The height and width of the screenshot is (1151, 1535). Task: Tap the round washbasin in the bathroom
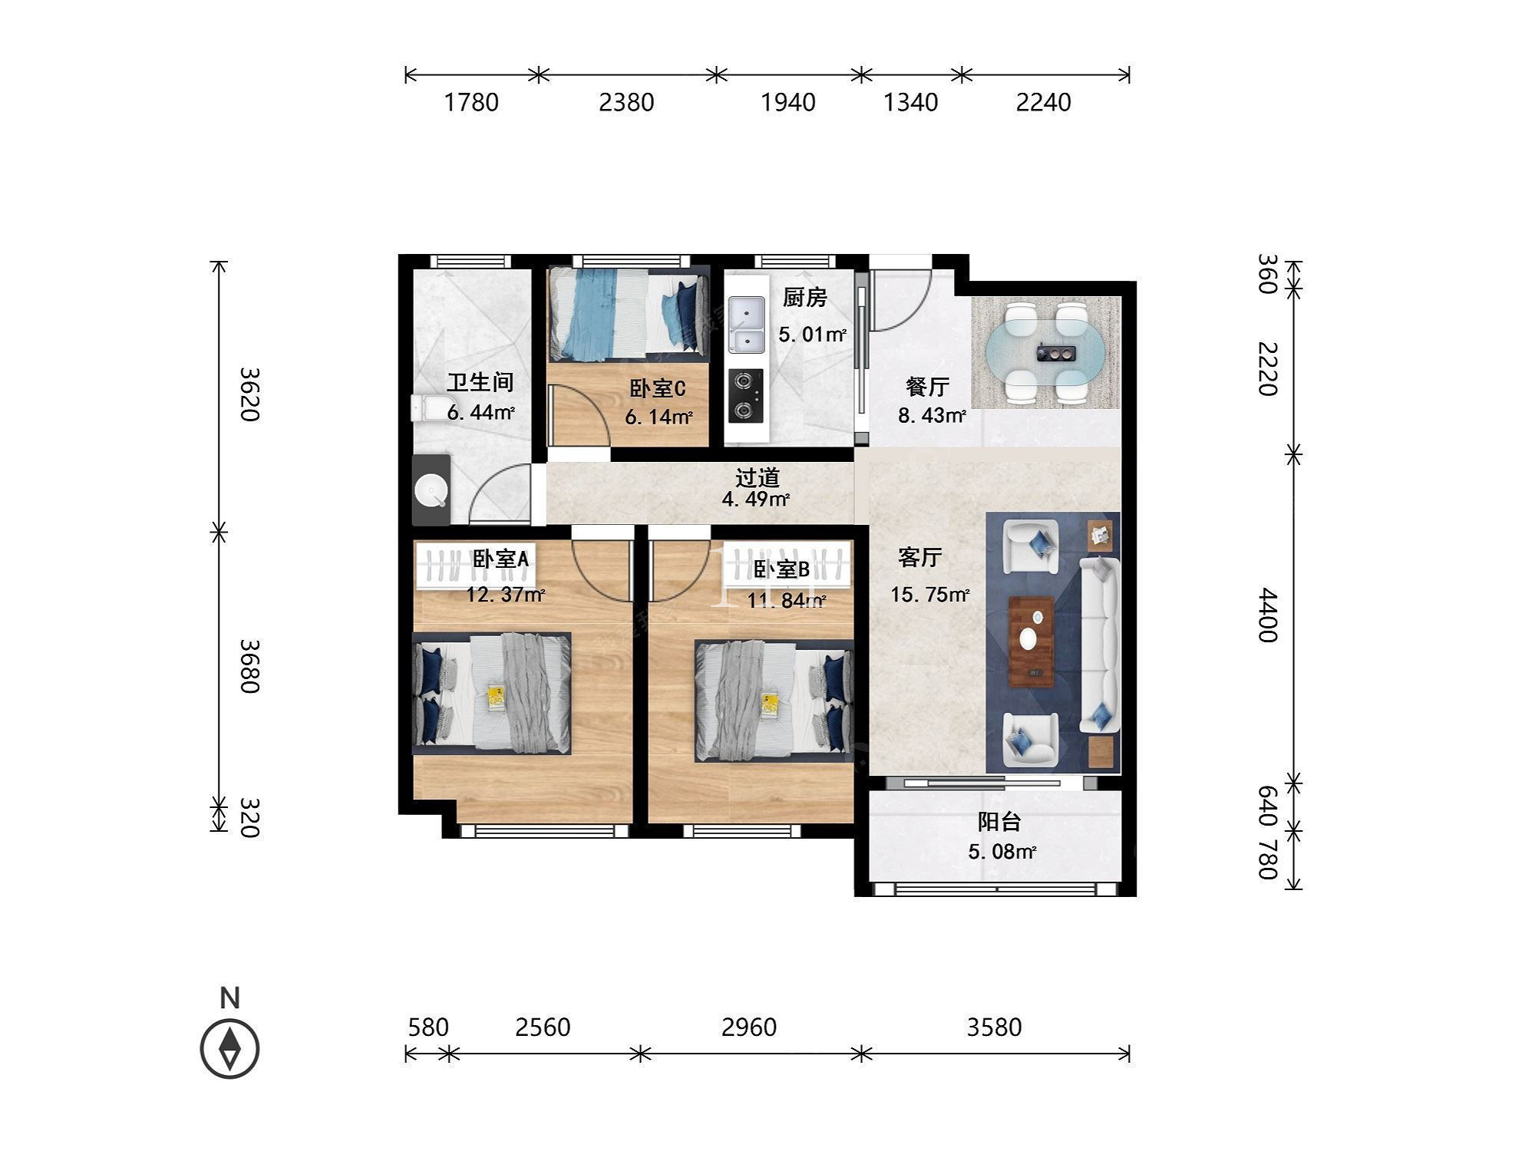431,490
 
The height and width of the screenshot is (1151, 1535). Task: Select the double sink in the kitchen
746,325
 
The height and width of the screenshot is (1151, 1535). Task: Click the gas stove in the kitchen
746,395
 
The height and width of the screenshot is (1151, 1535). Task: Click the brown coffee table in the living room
1032,640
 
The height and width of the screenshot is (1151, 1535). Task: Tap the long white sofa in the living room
1100,645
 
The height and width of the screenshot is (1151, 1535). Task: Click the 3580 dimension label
994,1027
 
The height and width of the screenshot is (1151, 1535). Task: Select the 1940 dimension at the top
787,102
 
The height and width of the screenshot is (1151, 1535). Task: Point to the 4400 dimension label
1267,615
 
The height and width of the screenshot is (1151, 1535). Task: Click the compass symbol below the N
229,1048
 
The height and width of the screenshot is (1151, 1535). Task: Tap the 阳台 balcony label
999,822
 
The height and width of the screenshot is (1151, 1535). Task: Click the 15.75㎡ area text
930,595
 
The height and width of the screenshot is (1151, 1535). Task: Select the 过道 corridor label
758,477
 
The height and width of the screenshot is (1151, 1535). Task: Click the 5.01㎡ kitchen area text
812,335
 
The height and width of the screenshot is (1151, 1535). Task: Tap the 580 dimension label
427,1027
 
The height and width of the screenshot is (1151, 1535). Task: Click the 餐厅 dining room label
927,386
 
